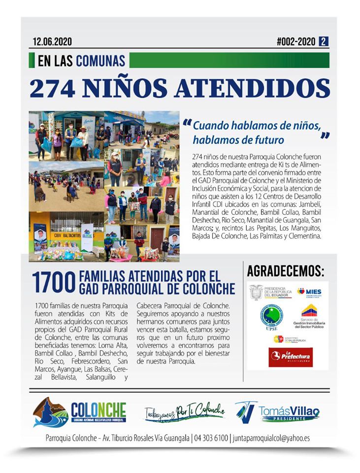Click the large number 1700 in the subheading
pos(53,283)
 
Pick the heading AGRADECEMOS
pos(286,271)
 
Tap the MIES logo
pos(309,292)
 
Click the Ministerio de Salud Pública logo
pos(291,339)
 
